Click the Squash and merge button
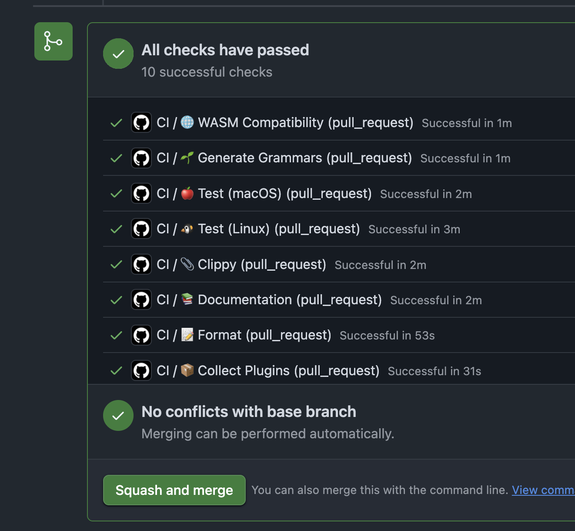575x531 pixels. tap(174, 490)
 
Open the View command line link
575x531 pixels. tap(543, 490)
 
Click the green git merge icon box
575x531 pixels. tap(53, 41)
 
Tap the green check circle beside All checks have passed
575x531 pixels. tap(118, 54)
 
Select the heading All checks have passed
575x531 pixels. tap(225, 50)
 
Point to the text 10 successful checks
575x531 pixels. tap(207, 72)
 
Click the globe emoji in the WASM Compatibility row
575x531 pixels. tap(187, 122)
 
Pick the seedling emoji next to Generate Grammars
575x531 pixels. tap(187, 158)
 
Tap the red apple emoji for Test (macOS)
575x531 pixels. tap(187, 193)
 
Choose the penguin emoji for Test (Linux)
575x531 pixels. tap(187, 229)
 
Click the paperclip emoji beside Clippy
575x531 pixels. tap(187, 264)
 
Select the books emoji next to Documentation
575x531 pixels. tap(187, 299)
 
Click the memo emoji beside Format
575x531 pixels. tap(187, 335)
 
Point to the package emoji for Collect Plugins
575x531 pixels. tap(187, 370)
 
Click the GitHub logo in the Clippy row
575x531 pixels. tap(141, 264)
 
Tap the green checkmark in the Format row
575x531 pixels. tap(116, 335)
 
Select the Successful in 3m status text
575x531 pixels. tap(414, 229)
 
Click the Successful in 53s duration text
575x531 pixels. tap(387, 336)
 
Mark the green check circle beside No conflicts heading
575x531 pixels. tap(118, 415)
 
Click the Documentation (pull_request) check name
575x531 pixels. tap(290, 300)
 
